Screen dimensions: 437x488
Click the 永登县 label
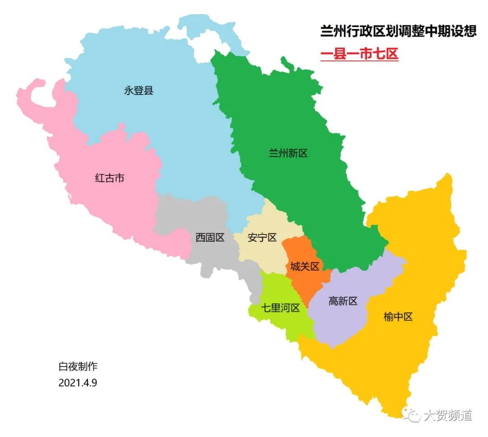[x=139, y=91]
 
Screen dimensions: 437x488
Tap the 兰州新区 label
[x=288, y=153]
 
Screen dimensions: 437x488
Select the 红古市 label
[x=109, y=178]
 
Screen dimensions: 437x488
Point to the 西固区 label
[x=210, y=237]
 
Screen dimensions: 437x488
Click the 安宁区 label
[x=262, y=237]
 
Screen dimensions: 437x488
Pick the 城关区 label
[x=305, y=266]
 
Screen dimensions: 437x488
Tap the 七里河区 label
[x=281, y=308]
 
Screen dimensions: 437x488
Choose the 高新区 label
[x=343, y=301]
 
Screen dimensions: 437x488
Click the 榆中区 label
[x=398, y=316]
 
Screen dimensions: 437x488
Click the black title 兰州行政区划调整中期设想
[x=398, y=31]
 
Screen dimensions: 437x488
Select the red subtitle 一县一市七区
[x=359, y=54]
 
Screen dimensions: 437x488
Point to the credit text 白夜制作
[x=78, y=366]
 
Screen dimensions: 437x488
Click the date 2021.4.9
[x=78, y=382]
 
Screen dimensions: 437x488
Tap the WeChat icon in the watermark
[x=411, y=414]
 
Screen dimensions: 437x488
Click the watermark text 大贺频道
[x=447, y=415]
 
